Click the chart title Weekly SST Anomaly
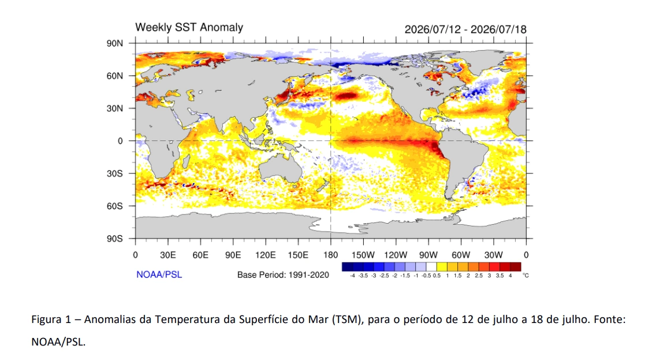pyautogui.click(x=189, y=28)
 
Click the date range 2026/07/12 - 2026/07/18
pyautogui.click(x=465, y=29)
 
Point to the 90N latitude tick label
pyautogui.click(x=115, y=43)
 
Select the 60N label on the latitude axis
pyautogui.click(x=115, y=76)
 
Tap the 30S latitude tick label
pyautogui.click(x=115, y=173)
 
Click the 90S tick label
pyautogui.click(x=115, y=239)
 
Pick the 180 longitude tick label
pyautogui.click(x=330, y=255)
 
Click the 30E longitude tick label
pyautogui.click(x=167, y=255)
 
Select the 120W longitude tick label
pyautogui.click(x=396, y=255)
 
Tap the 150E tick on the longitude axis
pyautogui.click(x=298, y=255)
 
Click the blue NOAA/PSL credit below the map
pyautogui.click(x=159, y=274)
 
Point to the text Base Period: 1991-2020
pyautogui.click(x=283, y=275)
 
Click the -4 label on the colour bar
pyautogui.click(x=352, y=276)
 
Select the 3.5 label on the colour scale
pyautogui.click(x=500, y=276)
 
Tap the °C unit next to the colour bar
pyautogui.click(x=526, y=276)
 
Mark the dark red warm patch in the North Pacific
pyautogui.click(x=347, y=96)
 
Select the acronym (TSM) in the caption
pyautogui.click(x=347, y=320)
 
